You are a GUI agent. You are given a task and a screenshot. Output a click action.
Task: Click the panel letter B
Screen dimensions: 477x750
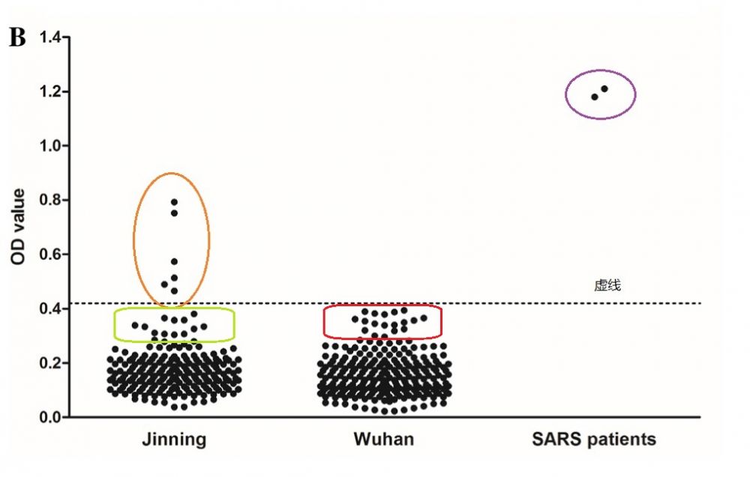tap(16, 39)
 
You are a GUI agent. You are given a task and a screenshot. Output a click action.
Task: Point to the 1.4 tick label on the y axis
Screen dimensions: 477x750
tap(50, 37)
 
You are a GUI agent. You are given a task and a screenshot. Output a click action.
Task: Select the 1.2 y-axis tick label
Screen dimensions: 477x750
tap(50, 91)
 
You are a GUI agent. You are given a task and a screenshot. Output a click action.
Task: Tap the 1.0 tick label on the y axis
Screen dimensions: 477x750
tap(50, 145)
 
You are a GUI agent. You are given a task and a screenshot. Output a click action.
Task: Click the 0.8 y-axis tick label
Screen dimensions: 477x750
tap(50, 200)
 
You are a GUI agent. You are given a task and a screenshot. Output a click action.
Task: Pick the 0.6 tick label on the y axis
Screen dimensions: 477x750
tap(50, 255)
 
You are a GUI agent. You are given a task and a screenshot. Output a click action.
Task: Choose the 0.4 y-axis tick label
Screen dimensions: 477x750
tap(50, 309)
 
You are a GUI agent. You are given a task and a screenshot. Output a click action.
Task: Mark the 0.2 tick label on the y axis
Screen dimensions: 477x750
tap(50, 363)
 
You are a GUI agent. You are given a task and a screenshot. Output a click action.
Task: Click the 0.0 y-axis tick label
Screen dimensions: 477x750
tap(50, 417)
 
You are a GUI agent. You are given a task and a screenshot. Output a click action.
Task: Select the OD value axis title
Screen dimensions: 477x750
tap(18, 226)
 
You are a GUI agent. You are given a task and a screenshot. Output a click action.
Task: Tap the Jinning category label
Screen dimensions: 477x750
tap(174, 439)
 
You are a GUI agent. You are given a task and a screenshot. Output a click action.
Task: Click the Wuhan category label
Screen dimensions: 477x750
tap(383, 439)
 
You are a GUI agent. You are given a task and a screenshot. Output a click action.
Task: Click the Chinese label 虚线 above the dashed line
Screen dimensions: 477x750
tap(607, 285)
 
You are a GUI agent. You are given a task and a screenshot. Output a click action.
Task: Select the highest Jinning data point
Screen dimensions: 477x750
tap(174, 201)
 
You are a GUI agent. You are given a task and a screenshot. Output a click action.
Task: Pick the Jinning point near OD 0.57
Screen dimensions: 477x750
tap(174, 261)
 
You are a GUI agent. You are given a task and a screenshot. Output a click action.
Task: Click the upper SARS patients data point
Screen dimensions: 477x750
tap(604, 89)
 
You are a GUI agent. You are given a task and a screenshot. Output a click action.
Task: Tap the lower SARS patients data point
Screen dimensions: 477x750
tap(594, 97)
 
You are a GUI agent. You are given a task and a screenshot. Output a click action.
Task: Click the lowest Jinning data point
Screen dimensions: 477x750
tap(174, 407)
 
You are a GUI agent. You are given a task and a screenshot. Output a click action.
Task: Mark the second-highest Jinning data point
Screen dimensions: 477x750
tap(174, 213)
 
